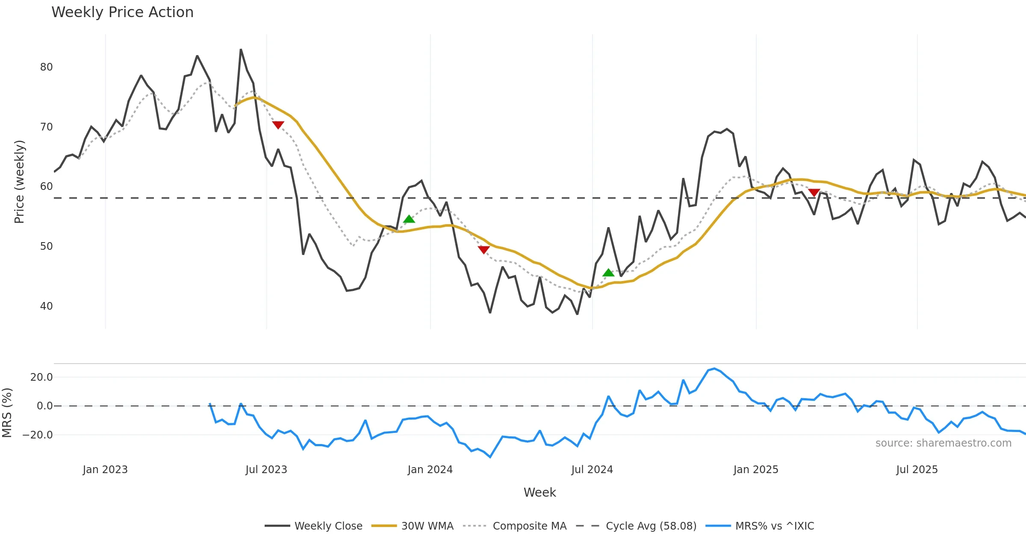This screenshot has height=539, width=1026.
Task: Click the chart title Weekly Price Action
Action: (x=122, y=12)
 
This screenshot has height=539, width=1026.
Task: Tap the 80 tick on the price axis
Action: (x=46, y=67)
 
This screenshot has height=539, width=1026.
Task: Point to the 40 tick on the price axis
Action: (x=46, y=306)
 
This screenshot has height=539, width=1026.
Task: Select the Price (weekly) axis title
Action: (x=19, y=182)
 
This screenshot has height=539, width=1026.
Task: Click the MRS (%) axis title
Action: (x=7, y=413)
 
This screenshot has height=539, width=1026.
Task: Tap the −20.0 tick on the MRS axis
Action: (x=38, y=435)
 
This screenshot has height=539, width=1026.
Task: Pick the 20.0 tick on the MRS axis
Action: (x=41, y=377)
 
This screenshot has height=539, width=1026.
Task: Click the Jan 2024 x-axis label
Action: (x=430, y=470)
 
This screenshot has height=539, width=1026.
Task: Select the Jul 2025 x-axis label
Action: (x=917, y=470)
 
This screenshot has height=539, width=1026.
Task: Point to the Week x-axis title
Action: (x=540, y=493)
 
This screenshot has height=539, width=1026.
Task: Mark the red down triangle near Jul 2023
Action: (x=278, y=125)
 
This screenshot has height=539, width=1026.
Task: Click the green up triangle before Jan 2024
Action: (x=409, y=219)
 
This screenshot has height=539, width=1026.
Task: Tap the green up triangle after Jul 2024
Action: (x=608, y=272)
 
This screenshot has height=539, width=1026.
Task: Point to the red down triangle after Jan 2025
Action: (x=814, y=192)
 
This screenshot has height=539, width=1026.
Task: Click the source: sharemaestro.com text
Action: (x=943, y=443)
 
